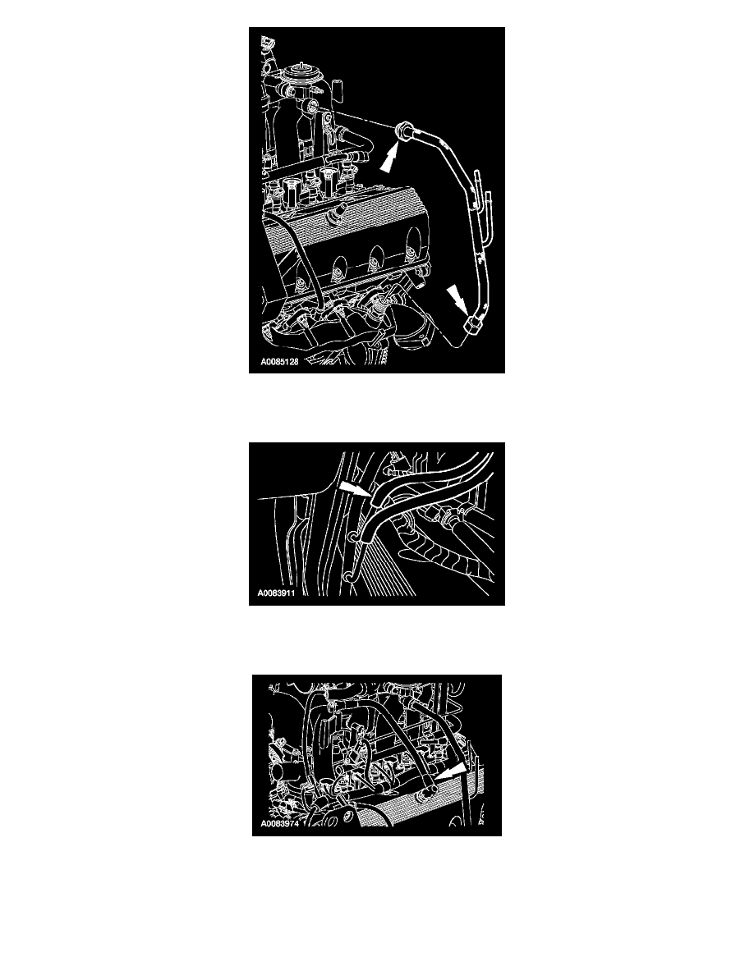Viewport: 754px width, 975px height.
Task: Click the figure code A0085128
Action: click(x=279, y=362)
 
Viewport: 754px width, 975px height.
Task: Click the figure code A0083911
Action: click(x=276, y=593)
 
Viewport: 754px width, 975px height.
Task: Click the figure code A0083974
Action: click(x=280, y=824)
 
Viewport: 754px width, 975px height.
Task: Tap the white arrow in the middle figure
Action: click(x=352, y=487)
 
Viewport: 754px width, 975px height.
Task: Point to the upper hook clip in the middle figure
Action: click(x=353, y=536)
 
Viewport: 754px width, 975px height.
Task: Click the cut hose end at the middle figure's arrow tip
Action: click(x=375, y=497)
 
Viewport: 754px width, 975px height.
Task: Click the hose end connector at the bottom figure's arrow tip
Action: click(x=428, y=790)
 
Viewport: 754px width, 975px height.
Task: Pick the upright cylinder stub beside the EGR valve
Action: click(x=338, y=91)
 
